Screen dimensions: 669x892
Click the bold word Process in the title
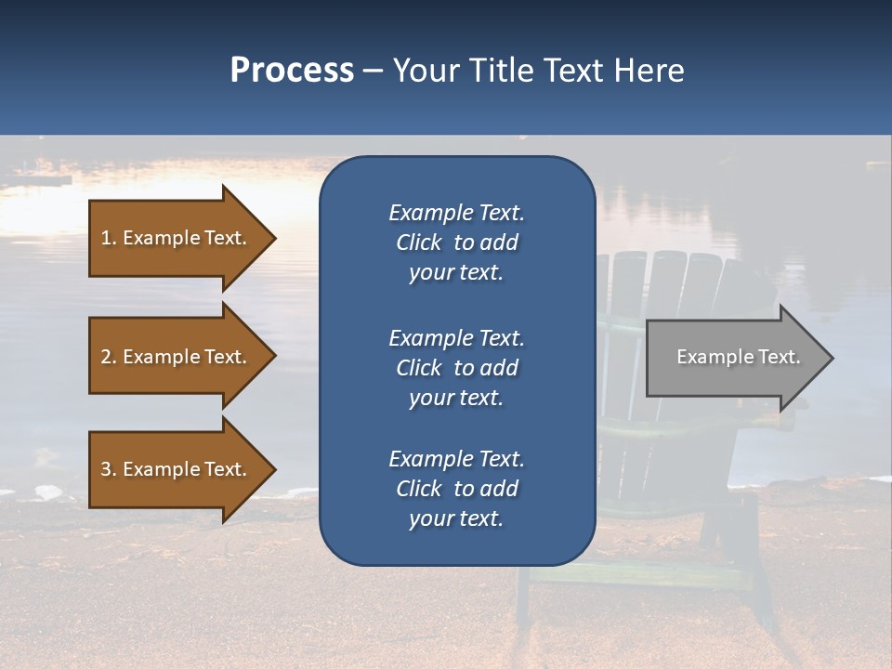(x=292, y=71)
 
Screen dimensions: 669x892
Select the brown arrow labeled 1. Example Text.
(x=177, y=238)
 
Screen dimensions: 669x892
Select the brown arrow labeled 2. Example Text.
(x=177, y=357)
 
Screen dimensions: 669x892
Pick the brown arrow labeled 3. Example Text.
(x=177, y=469)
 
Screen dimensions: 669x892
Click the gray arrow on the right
(x=734, y=357)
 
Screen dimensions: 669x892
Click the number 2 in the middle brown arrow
(x=106, y=357)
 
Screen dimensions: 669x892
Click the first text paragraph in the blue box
(x=456, y=243)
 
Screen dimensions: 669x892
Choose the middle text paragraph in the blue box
(x=456, y=368)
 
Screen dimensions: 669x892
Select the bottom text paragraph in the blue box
(x=456, y=489)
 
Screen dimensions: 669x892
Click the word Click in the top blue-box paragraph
(x=419, y=243)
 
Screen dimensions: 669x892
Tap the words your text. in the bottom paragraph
(x=456, y=519)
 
